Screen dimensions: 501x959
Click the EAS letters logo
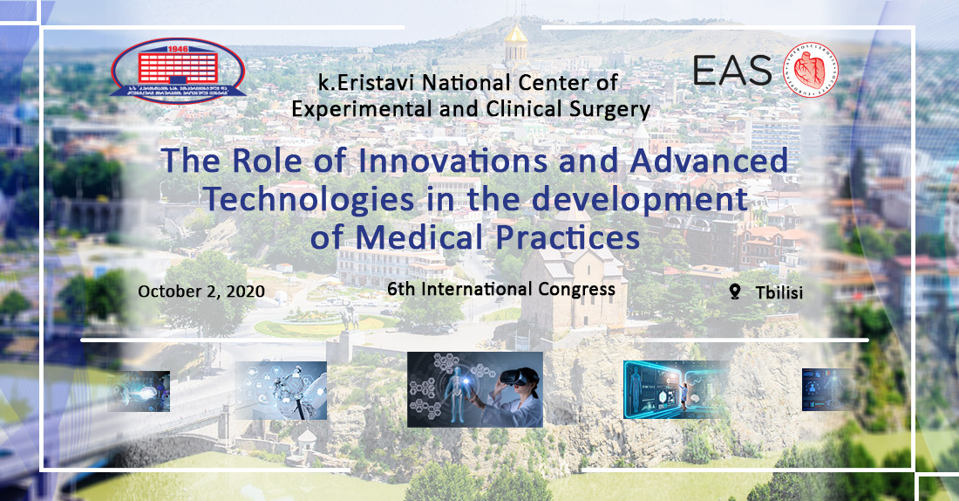tap(731, 70)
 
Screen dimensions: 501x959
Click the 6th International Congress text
tap(501, 289)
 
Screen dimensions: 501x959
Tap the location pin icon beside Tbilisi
tap(734, 292)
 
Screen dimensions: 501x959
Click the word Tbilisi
tap(779, 293)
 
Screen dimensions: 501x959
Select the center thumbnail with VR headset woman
tap(475, 389)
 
